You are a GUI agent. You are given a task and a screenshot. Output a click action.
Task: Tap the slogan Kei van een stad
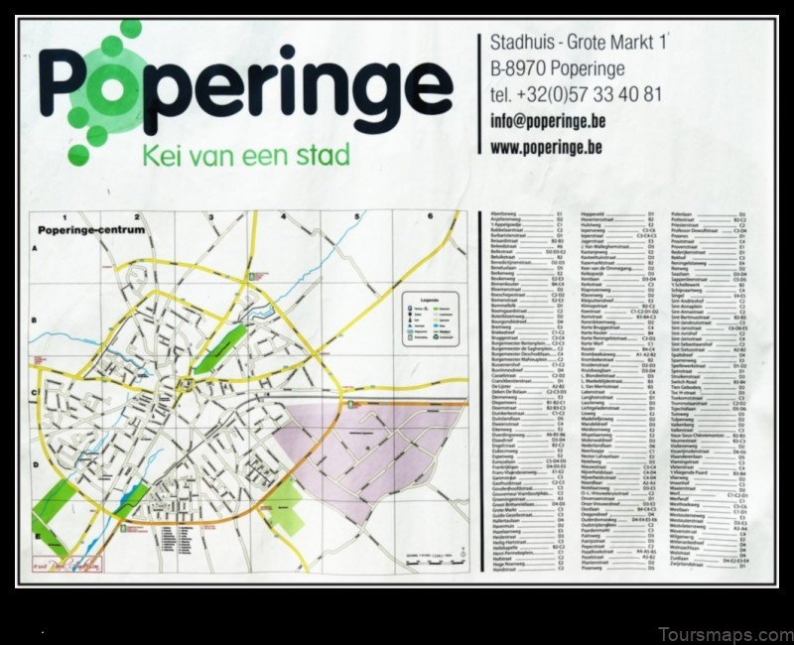[x=246, y=156]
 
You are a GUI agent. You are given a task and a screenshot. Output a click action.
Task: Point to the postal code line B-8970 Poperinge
[x=557, y=69]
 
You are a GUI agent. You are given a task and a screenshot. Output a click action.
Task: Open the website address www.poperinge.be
[x=546, y=147]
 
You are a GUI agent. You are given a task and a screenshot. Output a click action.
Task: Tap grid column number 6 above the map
[x=430, y=215]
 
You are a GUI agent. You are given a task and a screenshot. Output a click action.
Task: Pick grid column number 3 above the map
[x=212, y=215]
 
